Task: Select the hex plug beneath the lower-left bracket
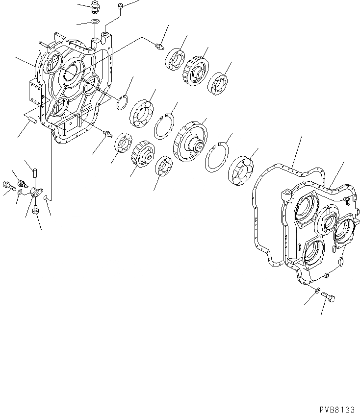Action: coord(35,211)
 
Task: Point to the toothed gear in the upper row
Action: coord(195,70)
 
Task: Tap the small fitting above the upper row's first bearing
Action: coord(158,47)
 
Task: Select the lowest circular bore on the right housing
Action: coord(312,251)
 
